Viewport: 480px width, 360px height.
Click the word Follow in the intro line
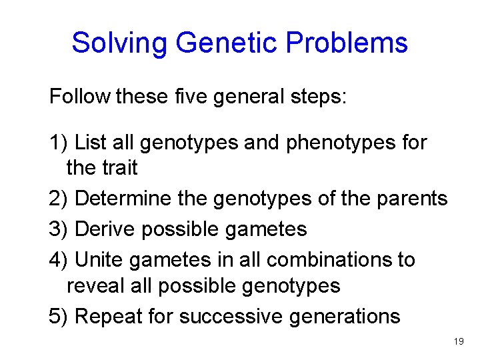pyautogui.click(x=79, y=97)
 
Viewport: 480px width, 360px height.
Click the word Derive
pyautogui.click(x=102, y=229)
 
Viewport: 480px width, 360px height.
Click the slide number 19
pyautogui.click(x=459, y=341)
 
